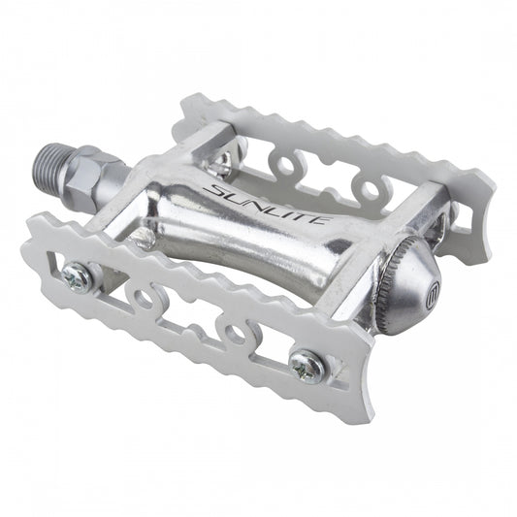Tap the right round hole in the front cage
[x=234, y=334]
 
